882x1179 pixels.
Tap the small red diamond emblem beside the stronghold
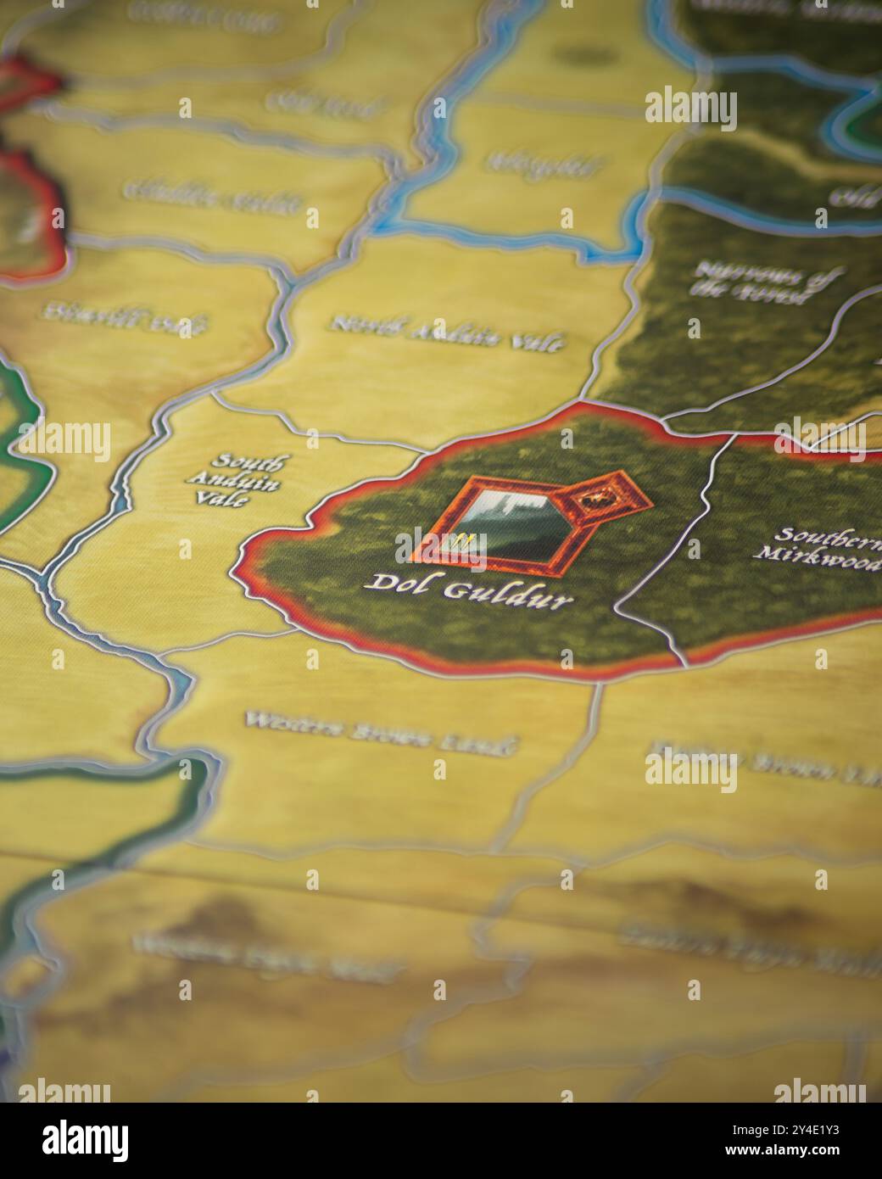[603, 505]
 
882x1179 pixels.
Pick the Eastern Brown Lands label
[763, 761]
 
